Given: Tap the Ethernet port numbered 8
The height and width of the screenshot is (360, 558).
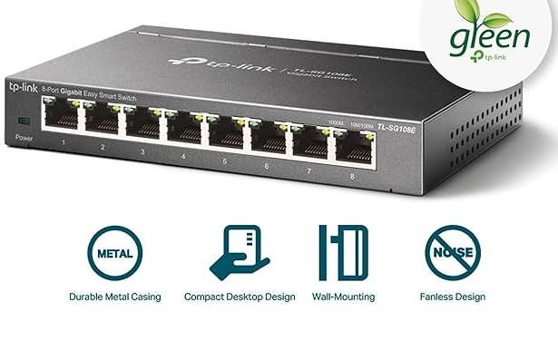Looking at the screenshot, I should click(x=353, y=145).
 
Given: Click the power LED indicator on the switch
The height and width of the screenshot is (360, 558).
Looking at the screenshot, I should click(x=24, y=121).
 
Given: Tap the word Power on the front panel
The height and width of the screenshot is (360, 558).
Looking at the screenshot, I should click(x=24, y=137).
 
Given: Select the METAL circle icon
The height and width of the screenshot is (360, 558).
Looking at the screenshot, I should click(x=114, y=251).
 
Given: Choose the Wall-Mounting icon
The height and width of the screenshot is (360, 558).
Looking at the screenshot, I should click(x=343, y=251).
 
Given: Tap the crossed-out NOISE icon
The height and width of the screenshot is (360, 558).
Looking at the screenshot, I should click(x=452, y=251).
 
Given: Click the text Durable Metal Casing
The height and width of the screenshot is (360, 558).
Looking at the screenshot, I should click(x=114, y=297).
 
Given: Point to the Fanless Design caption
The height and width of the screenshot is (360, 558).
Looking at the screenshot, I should click(x=452, y=297).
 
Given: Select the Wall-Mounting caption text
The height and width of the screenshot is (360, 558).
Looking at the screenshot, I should click(x=343, y=297).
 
